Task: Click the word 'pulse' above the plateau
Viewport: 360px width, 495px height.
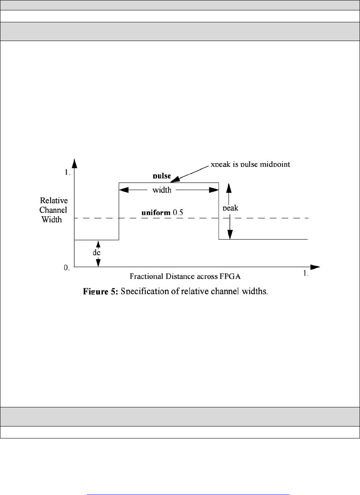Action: (162, 175)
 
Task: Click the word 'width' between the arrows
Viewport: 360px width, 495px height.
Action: (162, 190)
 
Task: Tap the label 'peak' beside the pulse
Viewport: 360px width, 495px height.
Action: (231, 207)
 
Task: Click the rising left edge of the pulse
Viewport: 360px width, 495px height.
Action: (119, 211)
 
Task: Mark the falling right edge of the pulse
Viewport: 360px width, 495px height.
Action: (219, 211)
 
